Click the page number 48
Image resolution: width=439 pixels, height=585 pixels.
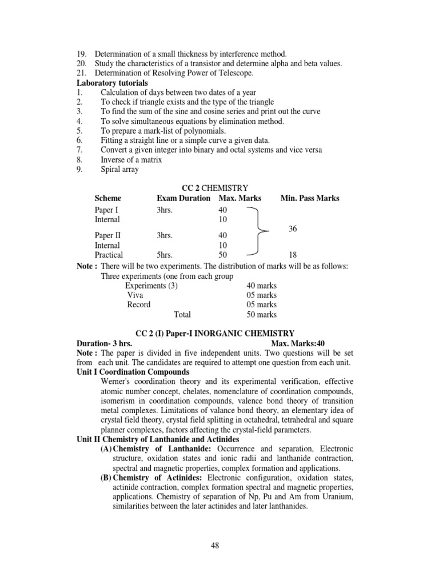(x=215, y=546)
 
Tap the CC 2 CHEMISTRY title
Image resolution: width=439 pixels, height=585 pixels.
(x=214, y=188)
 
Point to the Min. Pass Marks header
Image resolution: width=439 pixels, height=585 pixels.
(x=310, y=198)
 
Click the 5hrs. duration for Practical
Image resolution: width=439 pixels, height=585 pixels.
(x=165, y=255)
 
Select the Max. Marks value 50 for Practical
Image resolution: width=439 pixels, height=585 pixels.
(x=223, y=255)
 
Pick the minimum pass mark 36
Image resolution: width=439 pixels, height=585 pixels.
(x=293, y=229)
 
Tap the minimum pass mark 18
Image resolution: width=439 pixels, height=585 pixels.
(x=293, y=255)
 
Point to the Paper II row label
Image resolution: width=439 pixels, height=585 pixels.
(x=107, y=235)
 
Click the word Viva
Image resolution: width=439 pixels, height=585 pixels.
(x=135, y=295)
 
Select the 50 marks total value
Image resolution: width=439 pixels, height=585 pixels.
(x=261, y=315)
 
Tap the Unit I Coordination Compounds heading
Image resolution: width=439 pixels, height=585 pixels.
(x=133, y=372)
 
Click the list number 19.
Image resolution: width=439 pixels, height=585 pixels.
(x=81, y=54)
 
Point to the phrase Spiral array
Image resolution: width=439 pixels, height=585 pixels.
(x=119, y=170)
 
